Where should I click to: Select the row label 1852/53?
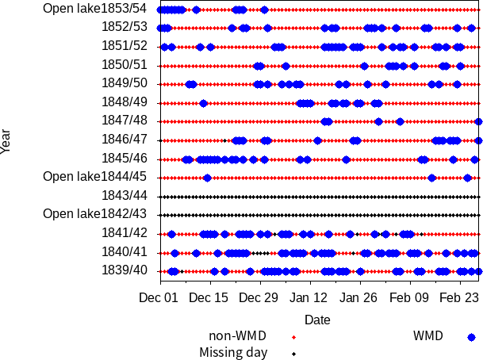tap(124, 27)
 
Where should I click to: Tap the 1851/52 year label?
tap(124, 46)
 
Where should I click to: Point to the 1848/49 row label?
tap(124, 101)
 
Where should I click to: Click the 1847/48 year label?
tap(124, 121)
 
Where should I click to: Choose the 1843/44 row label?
tap(124, 195)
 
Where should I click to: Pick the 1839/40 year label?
tap(124, 270)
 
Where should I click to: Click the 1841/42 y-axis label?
tap(124, 232)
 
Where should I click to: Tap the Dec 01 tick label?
tap(159, 298)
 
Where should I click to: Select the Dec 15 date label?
tap(209, 298)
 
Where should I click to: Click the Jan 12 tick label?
tap(309, 298)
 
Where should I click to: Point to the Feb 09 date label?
tap(410, 298)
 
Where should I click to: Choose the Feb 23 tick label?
tap(460, 298)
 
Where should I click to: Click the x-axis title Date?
tap(317, 320)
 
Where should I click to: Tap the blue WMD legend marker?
tap(472, 336)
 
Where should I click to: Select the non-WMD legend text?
tap(237, 336)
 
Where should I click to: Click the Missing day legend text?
tap(233, 353)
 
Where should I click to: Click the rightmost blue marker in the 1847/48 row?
tap(479, 121)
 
